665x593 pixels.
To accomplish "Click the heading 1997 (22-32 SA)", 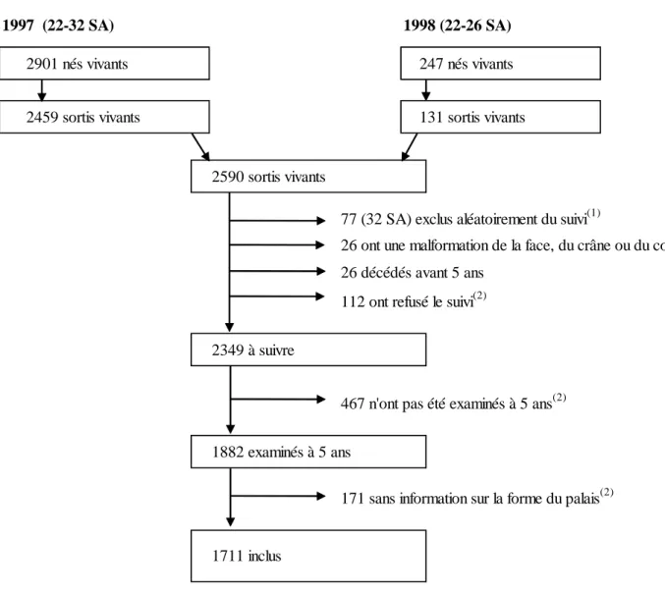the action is coord(58,26).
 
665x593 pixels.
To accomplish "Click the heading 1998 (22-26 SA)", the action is coord(457,26).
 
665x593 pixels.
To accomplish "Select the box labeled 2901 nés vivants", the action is coord(104,63).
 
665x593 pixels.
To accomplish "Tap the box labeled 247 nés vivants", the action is coord(500,63).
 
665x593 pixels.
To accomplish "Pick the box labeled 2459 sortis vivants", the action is coord(104,117).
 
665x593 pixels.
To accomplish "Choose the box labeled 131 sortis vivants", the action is coord(500,117).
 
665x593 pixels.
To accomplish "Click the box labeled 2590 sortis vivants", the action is coord(308,177).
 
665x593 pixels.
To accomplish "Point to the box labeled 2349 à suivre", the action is coord(308,350).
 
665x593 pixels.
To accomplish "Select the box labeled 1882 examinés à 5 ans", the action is coord(308,452).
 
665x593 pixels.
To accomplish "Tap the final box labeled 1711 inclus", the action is coord(308,556).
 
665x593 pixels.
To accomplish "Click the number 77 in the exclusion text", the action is coord(349,220).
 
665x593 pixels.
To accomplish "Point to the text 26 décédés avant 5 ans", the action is coord(413,273).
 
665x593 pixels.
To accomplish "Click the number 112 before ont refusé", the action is coord(353,301).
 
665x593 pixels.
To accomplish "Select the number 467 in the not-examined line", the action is coord(353,404).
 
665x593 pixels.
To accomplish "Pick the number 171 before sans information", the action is coord(353,499).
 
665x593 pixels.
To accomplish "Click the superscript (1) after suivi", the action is coord(593,213).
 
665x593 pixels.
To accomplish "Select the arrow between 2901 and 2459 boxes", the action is coord(41,90).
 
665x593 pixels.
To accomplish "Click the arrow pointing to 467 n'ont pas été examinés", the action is coord(278,400).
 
